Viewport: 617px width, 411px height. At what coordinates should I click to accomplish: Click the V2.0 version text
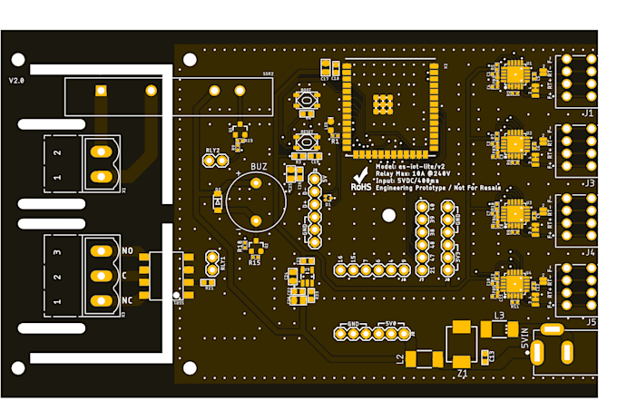[16, 81]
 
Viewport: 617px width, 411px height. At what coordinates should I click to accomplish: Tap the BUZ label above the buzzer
[259, 168]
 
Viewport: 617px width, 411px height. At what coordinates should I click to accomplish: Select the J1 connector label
[588, 113]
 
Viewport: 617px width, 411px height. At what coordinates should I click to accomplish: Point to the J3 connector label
[588, 182]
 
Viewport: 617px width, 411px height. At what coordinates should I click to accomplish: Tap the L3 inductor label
[499, 316]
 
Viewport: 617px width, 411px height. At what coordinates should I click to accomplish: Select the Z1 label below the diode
[462, 372]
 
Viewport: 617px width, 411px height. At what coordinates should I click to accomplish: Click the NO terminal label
[127, 250]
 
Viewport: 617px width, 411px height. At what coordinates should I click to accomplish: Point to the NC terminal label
[127, 299]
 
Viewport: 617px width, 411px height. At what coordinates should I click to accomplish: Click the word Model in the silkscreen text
[386, 166]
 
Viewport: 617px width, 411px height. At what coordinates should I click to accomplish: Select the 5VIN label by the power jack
[524, 343]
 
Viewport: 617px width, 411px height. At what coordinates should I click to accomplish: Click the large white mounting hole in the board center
[388, 215]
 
